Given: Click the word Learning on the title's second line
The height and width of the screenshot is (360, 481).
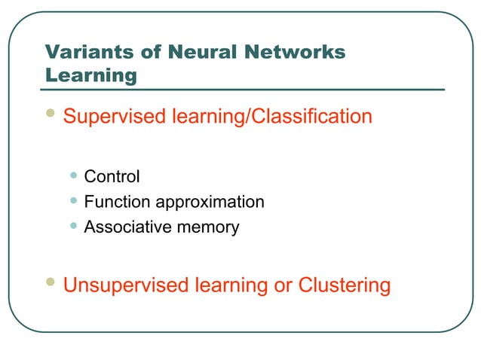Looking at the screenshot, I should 91,75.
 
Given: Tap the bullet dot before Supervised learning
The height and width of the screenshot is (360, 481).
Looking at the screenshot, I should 51,114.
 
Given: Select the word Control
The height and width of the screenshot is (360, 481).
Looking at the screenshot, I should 112,177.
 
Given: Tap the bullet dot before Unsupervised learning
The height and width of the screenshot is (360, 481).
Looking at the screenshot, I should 51,282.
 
